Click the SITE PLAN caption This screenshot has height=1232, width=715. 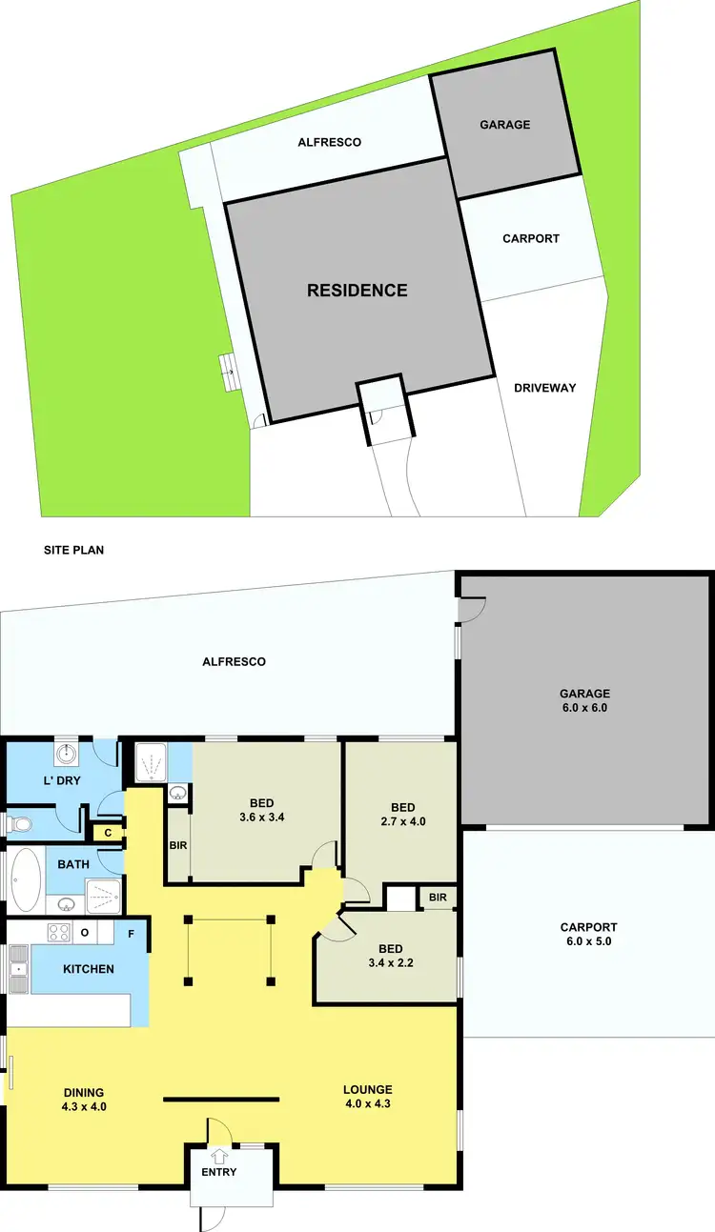[74, 550]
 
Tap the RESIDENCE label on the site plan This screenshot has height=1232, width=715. [357, 291]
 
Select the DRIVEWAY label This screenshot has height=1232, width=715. [544, 388]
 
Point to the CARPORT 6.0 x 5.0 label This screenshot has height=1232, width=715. [588, 934]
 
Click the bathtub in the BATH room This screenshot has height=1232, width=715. [26, 878]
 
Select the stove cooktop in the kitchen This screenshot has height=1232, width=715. [58, 932]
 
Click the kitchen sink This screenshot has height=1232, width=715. [18, 969]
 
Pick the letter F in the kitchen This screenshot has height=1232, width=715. [131, 933]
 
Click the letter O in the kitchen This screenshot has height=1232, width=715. [85, 932]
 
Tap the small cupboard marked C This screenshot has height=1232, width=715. [108, 832]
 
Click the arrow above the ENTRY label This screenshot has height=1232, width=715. [220, 1157]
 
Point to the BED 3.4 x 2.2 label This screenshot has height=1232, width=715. [390, 955]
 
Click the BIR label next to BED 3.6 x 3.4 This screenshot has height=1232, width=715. [178, 844]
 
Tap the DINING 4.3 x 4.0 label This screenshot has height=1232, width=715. [85, 1099]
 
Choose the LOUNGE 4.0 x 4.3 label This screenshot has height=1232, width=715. [367, 1097]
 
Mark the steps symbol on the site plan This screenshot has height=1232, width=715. [227, 367]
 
